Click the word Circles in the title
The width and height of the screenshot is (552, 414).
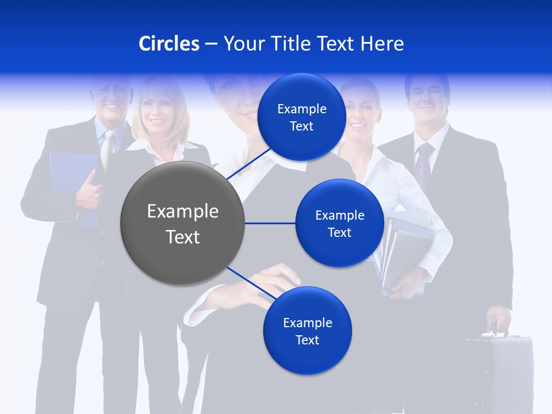pos(169,44)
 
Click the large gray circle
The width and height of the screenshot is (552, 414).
pos(182,223)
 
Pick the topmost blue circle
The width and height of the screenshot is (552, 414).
pos(301,117)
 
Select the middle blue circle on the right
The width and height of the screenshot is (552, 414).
pos(339,223)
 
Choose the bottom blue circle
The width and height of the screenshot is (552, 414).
pos(307,331)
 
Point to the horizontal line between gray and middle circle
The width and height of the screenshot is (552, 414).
pos(270,223)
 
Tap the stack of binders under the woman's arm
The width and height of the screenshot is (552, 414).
pos(402,253)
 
